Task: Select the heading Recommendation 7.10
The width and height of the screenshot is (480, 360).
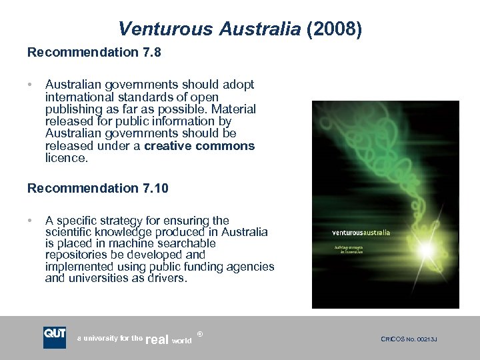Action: pos(98,189)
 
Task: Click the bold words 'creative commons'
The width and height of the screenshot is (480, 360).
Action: pos(199,146)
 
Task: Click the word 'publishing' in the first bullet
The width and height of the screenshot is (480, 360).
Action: pos(72,109)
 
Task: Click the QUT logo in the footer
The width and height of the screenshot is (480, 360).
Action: pos(55,336)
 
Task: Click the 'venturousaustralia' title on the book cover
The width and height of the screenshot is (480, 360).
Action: pos(361,233)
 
